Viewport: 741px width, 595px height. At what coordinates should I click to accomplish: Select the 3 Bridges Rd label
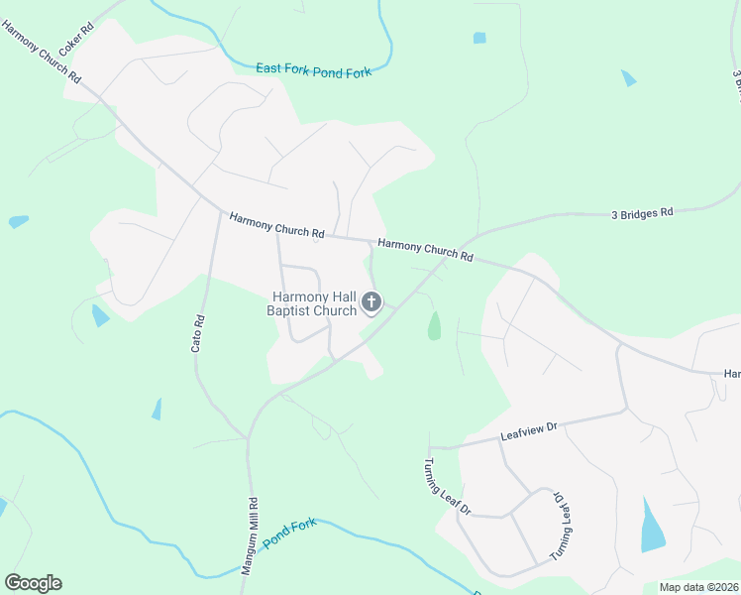[642, 212]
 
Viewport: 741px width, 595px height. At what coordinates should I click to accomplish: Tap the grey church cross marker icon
[371, 302]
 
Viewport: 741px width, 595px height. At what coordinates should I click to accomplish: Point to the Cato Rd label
[197, 334]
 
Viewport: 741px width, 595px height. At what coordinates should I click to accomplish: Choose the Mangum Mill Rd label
[251, 536]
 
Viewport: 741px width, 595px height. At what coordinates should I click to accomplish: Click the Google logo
[33, 583]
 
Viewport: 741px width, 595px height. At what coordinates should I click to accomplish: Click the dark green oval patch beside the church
[434, 325]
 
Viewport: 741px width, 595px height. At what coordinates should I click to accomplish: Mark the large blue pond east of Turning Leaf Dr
[653, 527]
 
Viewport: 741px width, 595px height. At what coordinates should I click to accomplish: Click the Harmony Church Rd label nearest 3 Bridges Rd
[426, 250]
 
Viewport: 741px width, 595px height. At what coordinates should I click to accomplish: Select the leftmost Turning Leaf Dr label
[447, 487]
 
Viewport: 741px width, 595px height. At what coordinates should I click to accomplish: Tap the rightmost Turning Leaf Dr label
[562, 526]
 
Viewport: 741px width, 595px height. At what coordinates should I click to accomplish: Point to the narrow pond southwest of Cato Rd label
[157, 409]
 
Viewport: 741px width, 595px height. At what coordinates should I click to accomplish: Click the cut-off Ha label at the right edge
[732, 374]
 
